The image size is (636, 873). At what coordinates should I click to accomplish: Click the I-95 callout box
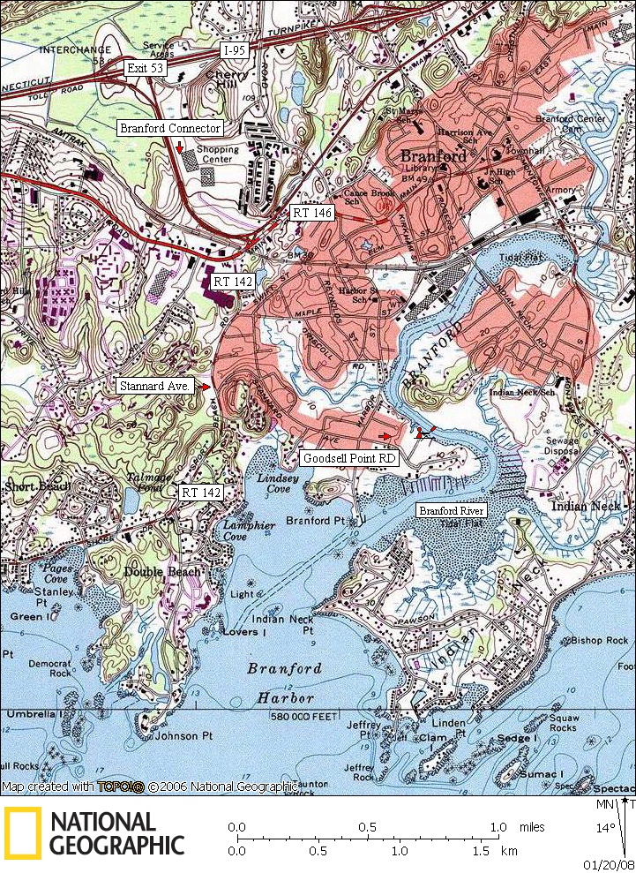click(234, 50)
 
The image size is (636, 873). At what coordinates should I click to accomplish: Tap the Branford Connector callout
click(169, 128)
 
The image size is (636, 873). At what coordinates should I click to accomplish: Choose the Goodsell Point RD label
click(349, 459)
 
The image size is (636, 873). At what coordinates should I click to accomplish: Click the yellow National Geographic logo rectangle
click(22, 833)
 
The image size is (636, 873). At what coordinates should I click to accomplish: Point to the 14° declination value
click(607, 829)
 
